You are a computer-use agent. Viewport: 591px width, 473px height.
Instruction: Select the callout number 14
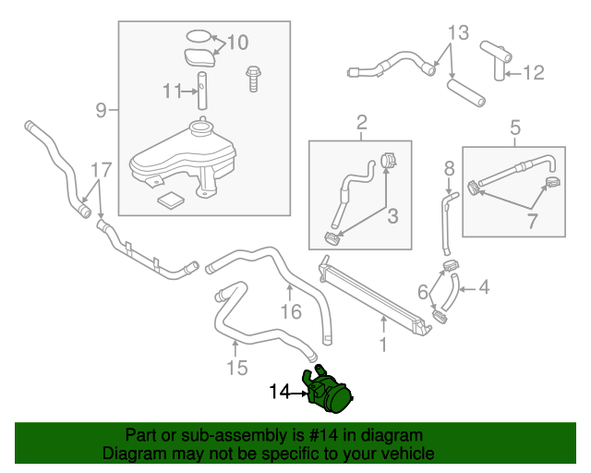coord(280,393)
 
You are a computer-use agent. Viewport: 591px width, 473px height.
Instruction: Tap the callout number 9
coord(102,112)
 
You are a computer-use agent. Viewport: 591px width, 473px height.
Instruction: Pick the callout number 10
coord(237,42)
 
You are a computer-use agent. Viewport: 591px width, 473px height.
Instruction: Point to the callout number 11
coord(169,91)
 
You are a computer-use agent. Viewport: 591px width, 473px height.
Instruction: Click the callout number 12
coord(536,72)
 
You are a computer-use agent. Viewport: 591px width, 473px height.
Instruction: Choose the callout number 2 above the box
coord(361,122)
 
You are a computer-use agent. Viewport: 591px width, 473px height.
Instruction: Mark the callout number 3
coord(392,217)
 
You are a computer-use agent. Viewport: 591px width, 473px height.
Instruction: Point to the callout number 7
coord(531,223)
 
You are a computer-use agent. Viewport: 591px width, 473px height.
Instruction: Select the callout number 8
coord(449,168)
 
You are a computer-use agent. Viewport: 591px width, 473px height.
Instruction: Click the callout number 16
coord(291,312)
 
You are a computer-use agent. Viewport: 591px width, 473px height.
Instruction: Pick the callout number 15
coord(236,368)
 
